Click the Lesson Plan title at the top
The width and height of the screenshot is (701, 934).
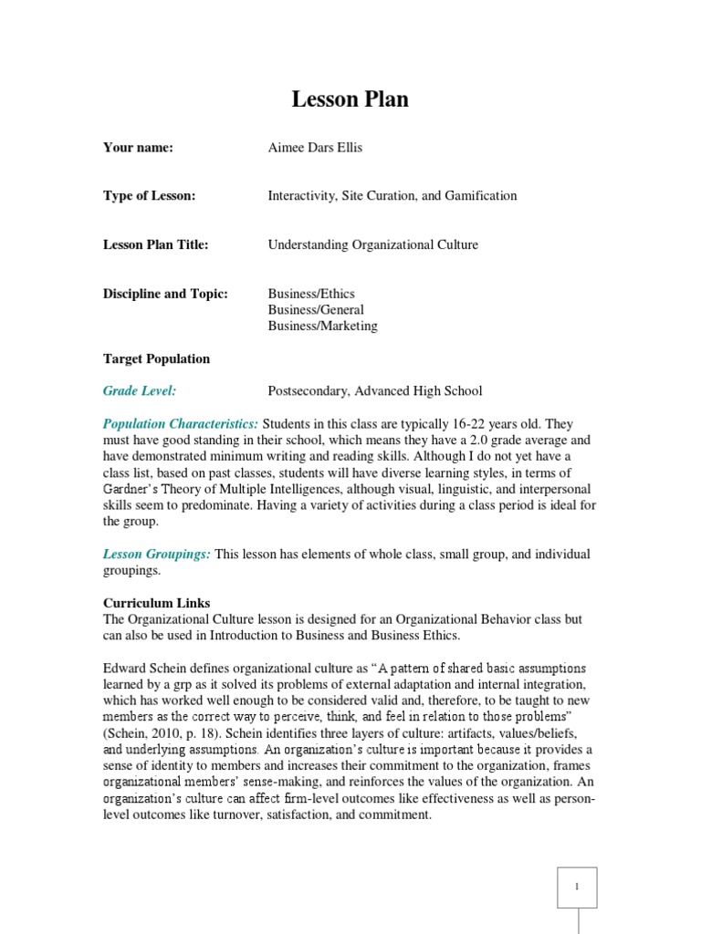click(350, 100)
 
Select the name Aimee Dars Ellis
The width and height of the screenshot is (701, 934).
click(315, 148)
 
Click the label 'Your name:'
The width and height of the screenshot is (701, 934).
click(138, 148)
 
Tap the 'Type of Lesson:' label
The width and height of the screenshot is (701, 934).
click(150, 196)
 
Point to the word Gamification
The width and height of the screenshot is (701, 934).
click(482, 196)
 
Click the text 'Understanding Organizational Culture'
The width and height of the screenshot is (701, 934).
click(372, 244)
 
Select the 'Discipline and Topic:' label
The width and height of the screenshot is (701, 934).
click(165, 294)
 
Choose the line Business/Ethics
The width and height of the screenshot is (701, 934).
click(311, 294)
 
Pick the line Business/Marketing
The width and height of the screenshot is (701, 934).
click(322, 326)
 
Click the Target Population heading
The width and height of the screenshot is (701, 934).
click(156, 358)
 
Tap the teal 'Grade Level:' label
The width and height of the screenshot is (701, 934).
click(140, 391)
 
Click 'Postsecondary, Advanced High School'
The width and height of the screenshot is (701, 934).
click(375, 391)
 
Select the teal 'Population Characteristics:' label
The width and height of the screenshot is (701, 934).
click(181, 424)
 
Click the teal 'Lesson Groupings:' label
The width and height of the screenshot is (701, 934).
click(157, 554)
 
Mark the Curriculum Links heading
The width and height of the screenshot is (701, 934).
click(156, 603)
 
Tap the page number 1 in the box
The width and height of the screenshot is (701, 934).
click(577, 887)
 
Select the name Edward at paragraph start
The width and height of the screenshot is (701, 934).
click(126, 668)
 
